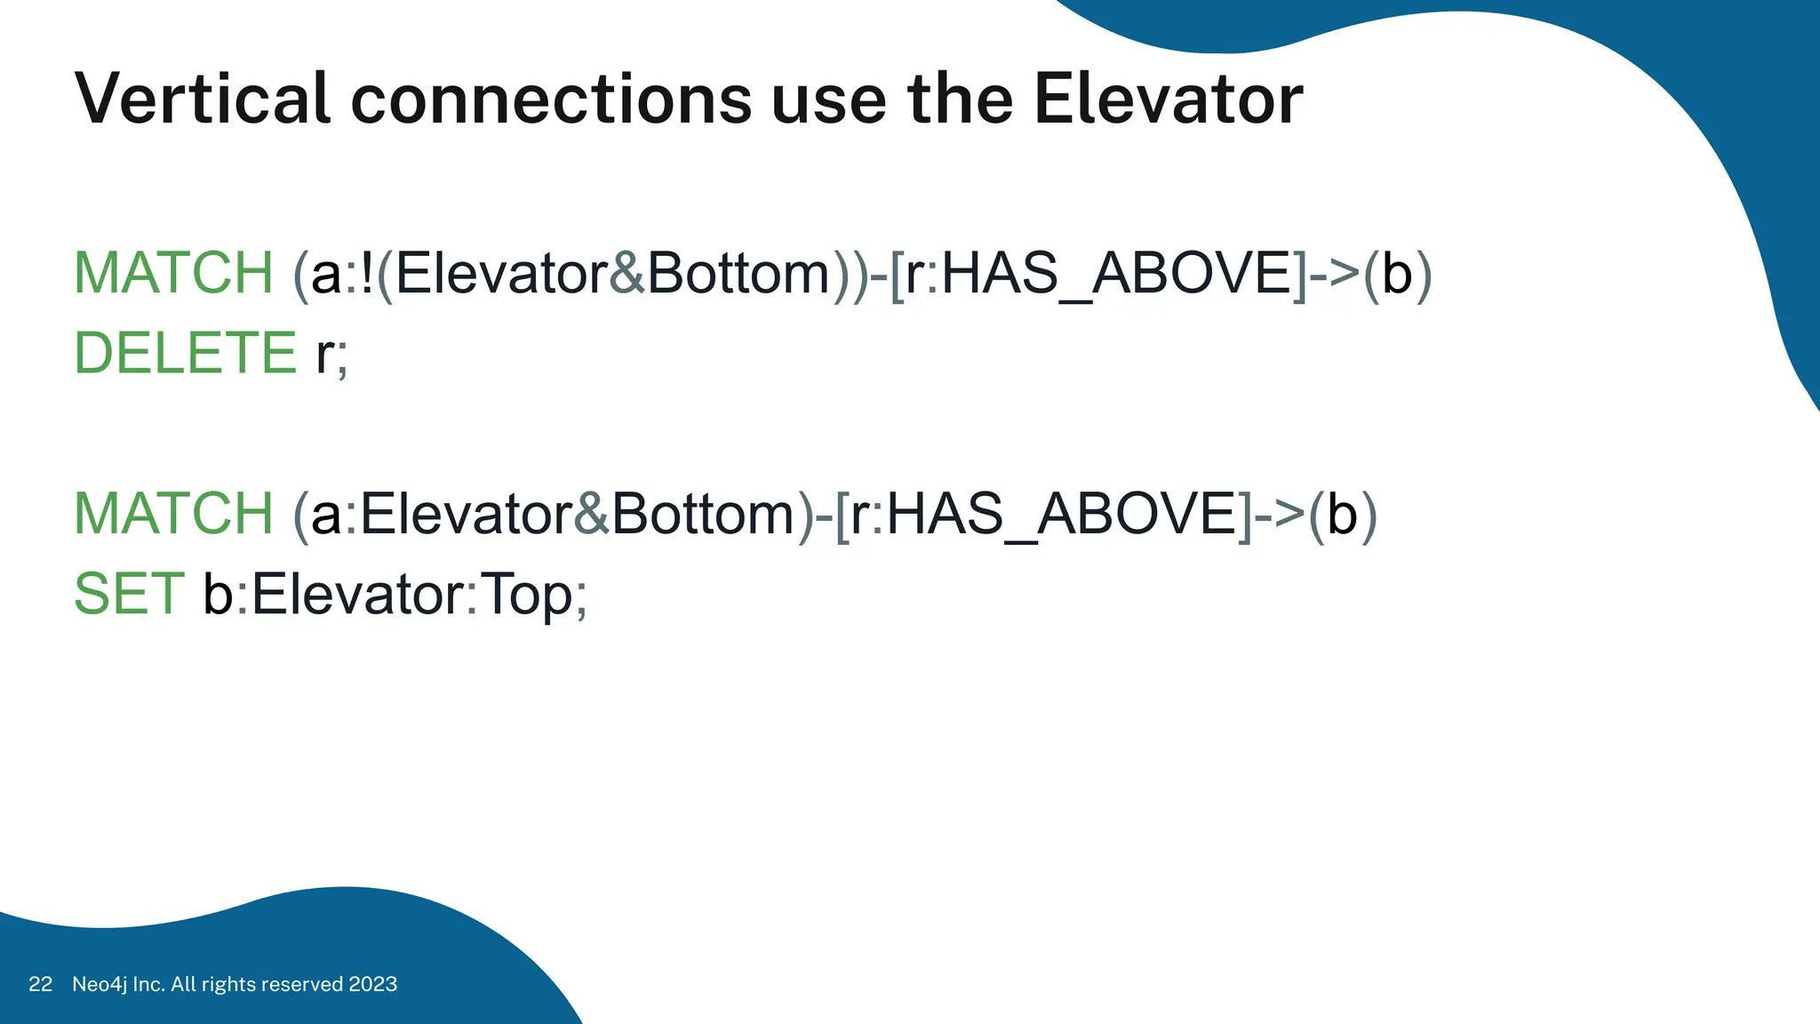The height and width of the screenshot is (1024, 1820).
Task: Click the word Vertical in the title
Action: point(204,99)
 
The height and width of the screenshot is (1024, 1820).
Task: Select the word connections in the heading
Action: point(552,99)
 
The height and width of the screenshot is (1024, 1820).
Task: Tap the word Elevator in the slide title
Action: point(1168,99)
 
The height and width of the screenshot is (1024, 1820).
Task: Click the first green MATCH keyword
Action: point(173,273)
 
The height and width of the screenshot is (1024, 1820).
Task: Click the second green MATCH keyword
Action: point(173,514)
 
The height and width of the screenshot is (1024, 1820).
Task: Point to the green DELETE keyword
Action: point(185,353)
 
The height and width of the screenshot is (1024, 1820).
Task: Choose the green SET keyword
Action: point(129,594)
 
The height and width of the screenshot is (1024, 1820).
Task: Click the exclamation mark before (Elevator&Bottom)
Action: point(367,273)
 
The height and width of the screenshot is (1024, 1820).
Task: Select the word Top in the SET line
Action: point(526,594)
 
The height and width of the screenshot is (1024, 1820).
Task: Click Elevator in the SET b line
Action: point(357,594)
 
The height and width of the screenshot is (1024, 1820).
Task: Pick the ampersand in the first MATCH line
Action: point(627,273)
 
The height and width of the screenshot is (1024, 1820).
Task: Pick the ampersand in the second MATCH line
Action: point(592,514)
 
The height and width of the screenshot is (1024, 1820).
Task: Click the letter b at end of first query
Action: point(1397,273)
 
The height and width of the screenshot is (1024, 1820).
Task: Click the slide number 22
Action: point(40,984)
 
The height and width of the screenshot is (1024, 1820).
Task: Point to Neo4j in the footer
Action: point(100,984)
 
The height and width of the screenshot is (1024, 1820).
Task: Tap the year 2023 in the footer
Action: point(372,984)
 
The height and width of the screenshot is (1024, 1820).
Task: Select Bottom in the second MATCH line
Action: point(703,514)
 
